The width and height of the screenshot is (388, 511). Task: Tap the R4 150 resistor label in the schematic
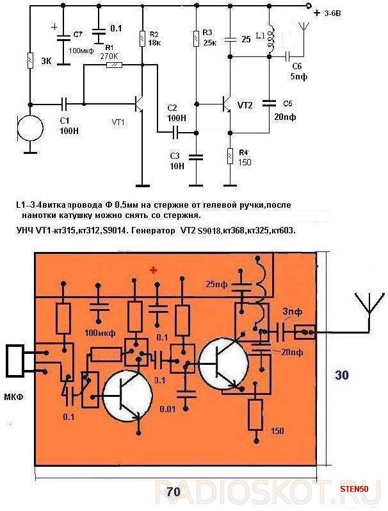(x=245, y=157)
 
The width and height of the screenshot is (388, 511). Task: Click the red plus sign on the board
(x=153, y=271)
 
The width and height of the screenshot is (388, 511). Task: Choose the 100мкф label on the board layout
(x=99, y=332)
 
